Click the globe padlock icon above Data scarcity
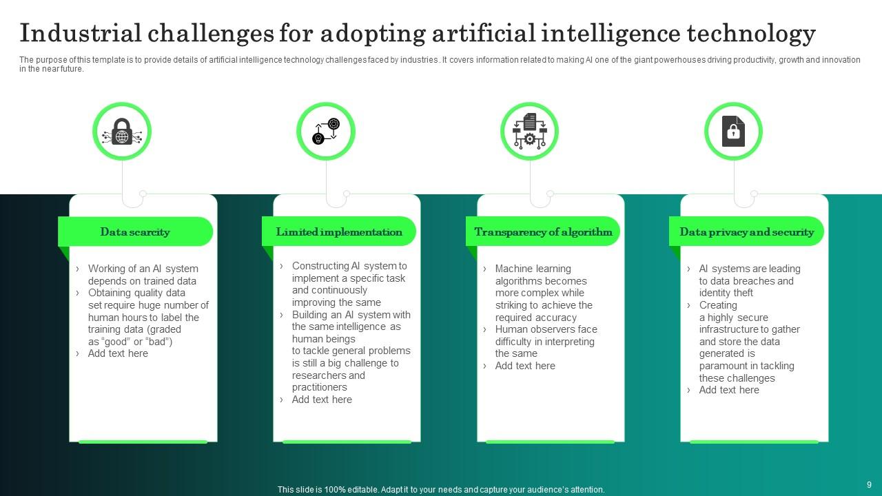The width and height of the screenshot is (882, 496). tap(122, 131)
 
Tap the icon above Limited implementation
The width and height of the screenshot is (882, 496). tap(326, 131)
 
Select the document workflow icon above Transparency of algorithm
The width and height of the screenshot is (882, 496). tap(529, 131)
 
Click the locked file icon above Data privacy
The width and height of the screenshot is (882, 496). tap(733, 131)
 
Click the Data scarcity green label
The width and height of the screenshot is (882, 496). tap(135, 232)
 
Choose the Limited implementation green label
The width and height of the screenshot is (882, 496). tap(339, 232)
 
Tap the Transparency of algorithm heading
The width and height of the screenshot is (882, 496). tap(543, 232)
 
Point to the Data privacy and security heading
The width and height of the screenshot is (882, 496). tap(746, 232)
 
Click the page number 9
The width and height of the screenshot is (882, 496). tap(869, 484)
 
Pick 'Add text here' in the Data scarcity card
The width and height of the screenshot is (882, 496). tap(118, 353)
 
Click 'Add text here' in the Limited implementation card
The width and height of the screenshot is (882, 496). tap(322, 400)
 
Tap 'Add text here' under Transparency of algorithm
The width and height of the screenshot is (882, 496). tap(525, 366)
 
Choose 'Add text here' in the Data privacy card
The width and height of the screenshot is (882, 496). tap(729, 390)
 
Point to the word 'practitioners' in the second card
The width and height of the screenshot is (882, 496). tap(320, 387)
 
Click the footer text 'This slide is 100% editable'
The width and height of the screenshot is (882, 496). tap(441, 490)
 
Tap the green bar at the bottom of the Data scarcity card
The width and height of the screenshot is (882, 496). tap(143, 442)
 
